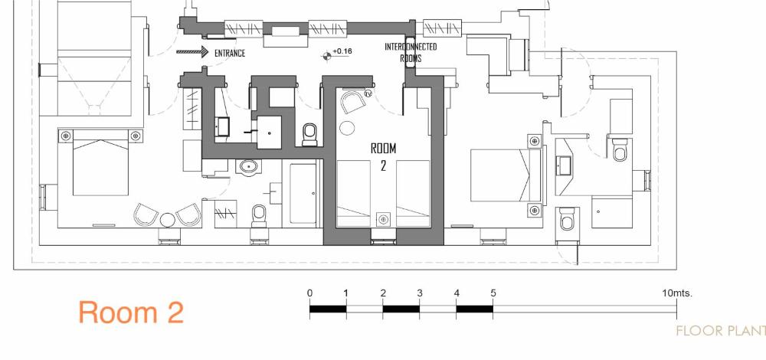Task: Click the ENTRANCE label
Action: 230,53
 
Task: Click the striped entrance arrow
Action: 192,51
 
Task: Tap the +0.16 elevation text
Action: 342,51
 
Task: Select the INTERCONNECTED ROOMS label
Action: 411,52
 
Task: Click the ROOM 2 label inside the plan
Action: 384,156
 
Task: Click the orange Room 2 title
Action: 131,313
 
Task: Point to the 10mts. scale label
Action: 677,293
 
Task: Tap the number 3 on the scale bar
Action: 420,293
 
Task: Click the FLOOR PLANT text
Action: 721,331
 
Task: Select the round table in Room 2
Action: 347,127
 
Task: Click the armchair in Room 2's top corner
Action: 354,102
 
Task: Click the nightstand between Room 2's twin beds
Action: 384,220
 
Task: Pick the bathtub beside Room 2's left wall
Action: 303,194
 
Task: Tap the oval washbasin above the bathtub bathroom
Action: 250,167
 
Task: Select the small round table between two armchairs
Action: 168,220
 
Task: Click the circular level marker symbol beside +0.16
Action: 327,56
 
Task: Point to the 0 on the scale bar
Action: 309,293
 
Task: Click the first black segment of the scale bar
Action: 328,309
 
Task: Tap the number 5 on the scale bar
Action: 493,293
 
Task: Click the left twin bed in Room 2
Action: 354,194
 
